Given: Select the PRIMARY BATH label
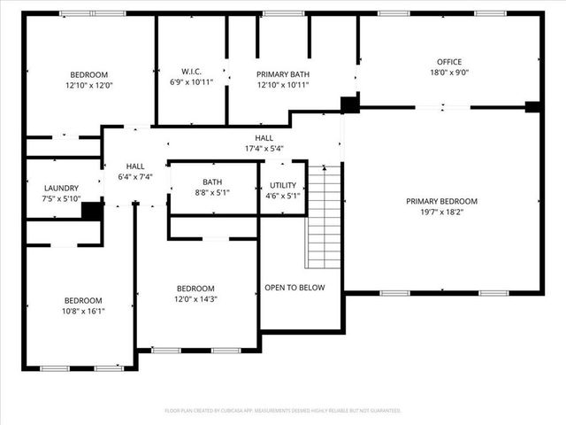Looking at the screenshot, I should pyautogui.click(x=282, y=74).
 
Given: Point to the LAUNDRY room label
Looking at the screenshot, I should pyautogui.click(x=61, y=188).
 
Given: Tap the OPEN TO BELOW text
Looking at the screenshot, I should pyautogui.click(x=294, y=288).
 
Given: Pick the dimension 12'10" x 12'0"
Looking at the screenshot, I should pyautogui.click(x=89, y=86).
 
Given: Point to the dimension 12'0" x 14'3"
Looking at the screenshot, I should pyautogui.click(x=195, y=300).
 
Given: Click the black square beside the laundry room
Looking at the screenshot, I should pyautogui.click(x=92, y=211).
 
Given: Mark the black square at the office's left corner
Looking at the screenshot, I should pyautogui.click(x=350, y=104).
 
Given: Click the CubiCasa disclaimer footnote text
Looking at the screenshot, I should pyautogui.click(x=283, y=411).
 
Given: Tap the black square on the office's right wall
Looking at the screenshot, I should pyautogui.click(x=532, y=107).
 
